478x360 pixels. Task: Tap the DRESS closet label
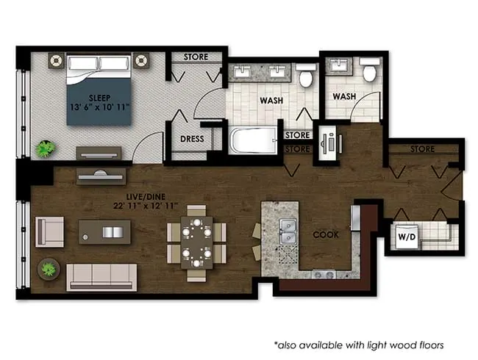click(x=192, y=139)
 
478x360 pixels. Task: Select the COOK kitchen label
click(x=325, y=235)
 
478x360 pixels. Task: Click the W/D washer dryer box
click(x=406, y=237)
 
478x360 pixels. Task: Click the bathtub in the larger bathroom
click(x=253, y=140)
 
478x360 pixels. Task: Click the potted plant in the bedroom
click(x=46, y=148)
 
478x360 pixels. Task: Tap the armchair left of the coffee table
click(x=49, y=231)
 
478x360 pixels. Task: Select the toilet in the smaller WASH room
click(x=369, y=72)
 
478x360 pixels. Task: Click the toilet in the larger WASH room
click(x=306, y=74)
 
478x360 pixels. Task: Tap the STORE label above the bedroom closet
click(x=195, y=57)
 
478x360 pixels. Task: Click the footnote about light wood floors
click(x=359, y=344)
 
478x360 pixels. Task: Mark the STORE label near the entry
click(x=422, y=149)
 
